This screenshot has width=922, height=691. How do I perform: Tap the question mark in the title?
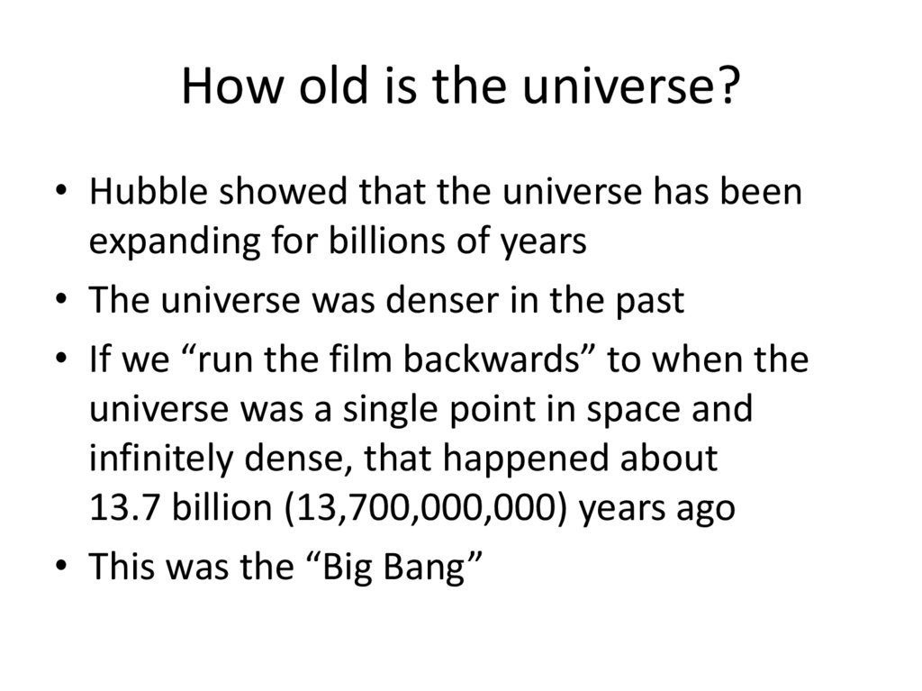coord(728,87)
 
